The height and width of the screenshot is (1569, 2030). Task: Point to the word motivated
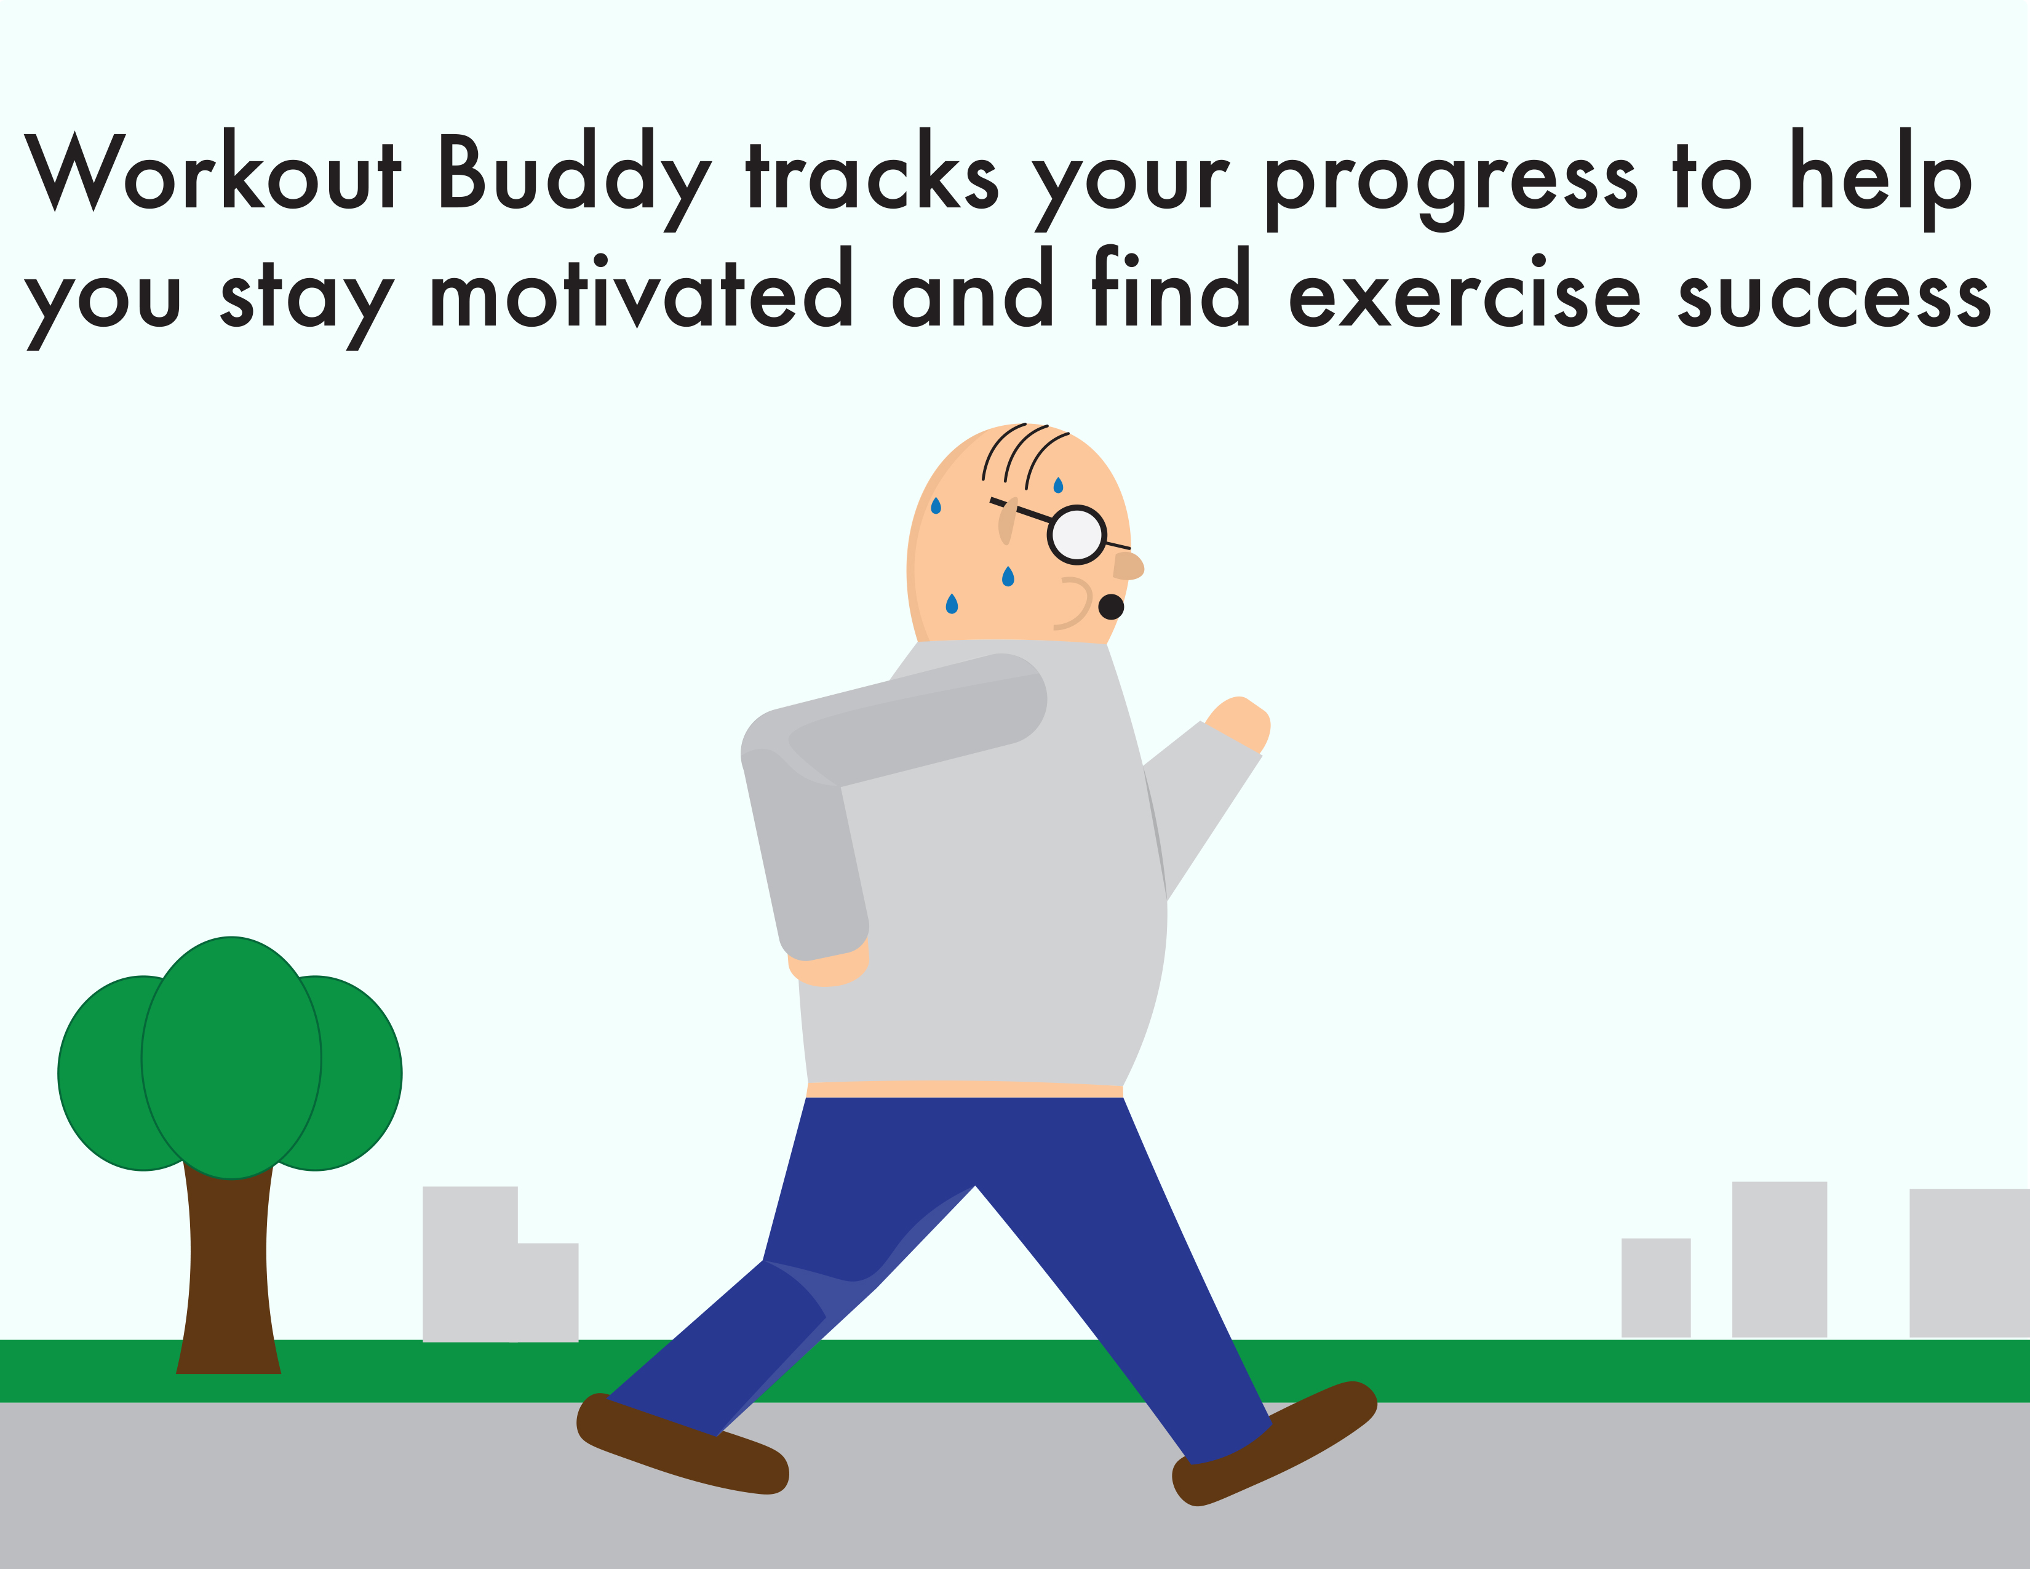click(x=640, y=288)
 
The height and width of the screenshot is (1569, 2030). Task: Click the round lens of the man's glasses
click(x=1077, y=535)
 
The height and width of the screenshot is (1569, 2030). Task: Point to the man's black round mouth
click(x=1112, y=607)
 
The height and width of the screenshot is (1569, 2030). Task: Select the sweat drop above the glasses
click(x=1058, y=484)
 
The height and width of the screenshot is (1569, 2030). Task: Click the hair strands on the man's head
click(x=1024, y=455)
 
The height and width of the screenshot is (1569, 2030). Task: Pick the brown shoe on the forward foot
click(x=1273, y=1441)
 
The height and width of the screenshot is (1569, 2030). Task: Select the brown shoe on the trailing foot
click(x=682, y=1445)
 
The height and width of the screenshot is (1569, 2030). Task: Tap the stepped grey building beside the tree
click(x=500, y=1264)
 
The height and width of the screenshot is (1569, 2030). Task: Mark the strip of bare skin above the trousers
click(x=965, y=1088)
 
